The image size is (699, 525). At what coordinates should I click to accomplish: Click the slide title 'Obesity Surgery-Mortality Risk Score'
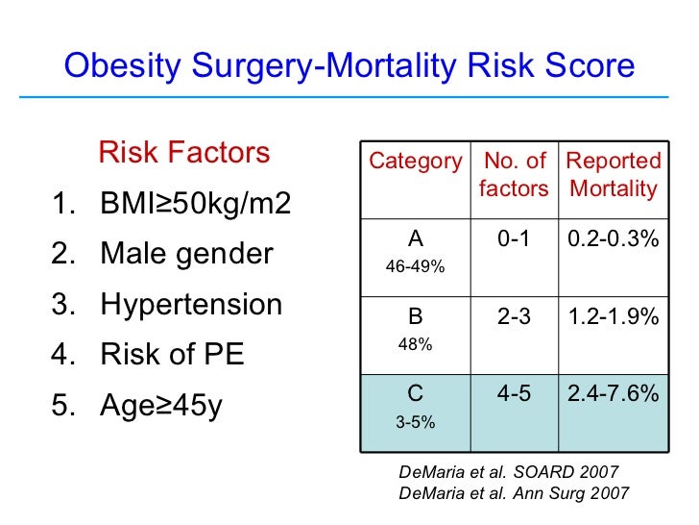349,66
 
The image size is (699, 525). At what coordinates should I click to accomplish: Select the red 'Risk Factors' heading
183,153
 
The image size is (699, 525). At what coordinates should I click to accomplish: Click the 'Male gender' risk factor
186,255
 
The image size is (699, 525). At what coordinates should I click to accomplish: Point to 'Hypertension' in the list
191,305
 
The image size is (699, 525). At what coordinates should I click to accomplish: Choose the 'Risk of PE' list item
172,355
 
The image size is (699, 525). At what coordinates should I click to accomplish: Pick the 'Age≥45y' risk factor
161,405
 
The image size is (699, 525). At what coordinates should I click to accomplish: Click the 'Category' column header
416,162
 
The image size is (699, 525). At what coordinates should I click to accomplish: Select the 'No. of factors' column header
514,175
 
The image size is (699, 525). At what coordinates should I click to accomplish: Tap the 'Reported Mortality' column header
614,175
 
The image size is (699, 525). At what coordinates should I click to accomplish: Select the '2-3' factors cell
514,316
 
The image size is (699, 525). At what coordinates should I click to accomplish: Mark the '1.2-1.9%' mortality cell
614,316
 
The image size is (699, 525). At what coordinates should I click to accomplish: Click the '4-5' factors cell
514,393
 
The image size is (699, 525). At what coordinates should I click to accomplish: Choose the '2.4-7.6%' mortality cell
614,393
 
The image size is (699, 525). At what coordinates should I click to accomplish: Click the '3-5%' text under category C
415,420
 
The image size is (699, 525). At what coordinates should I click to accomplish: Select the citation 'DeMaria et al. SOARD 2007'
508,472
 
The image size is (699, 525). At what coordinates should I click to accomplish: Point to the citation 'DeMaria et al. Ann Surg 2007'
514,493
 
